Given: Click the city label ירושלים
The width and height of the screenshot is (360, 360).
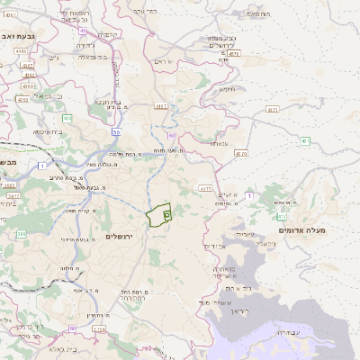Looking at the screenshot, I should pos(118,236).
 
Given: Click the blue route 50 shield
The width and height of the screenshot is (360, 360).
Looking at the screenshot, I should pos(116,132).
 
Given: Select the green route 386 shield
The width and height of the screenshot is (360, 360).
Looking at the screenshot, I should pos(20,235).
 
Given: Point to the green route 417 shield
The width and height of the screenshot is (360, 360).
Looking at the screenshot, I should pos(283,215).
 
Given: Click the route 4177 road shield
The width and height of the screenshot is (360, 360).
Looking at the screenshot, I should pos(205,189).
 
